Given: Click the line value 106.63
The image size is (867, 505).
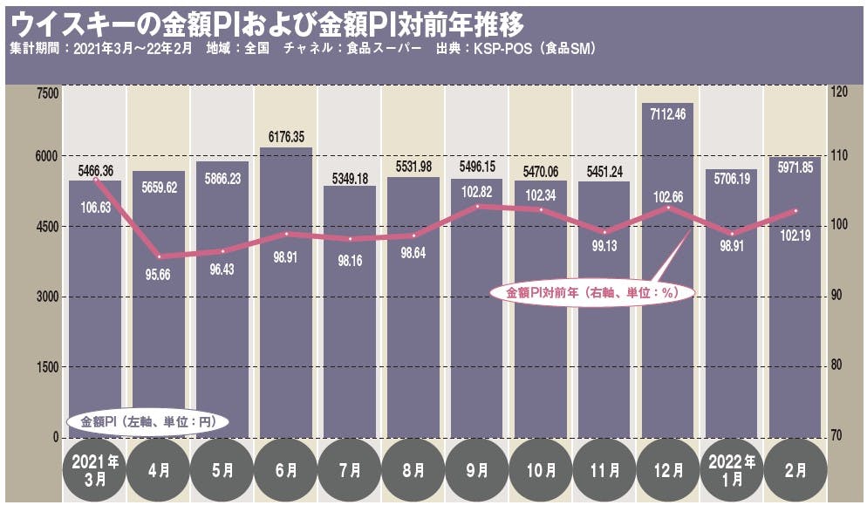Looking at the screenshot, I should pos(94,207).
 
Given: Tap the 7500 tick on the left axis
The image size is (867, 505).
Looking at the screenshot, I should pos(44,92).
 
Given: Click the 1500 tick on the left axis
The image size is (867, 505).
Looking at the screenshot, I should pos(44,367).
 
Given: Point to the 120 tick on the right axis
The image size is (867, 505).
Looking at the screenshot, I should pos(838,92).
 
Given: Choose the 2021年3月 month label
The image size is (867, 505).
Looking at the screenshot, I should pos(95,469).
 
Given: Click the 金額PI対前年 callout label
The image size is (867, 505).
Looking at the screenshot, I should pos(592,294).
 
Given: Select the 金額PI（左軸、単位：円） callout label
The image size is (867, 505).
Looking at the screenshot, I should pos(147,421).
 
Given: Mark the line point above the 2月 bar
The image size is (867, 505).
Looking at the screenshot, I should pos(795,210).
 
